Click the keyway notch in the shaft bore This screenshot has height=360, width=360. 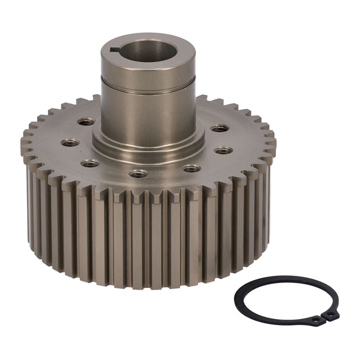pyautogui.click(x=115, y=50)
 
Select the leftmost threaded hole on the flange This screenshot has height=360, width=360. pyautogui.click(x=70, y=142)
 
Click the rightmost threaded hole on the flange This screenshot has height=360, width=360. pyautogui.click(x=223, y=150)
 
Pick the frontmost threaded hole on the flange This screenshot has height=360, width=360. pyautogui.click(x=138, y=174)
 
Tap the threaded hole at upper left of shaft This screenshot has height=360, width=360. pyautogui.click(x=86, y=122)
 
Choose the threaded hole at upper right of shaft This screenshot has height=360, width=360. pyautogui.click(x=219, y=128)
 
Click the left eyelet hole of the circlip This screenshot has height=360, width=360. pyautogui.click(x=315, y=320)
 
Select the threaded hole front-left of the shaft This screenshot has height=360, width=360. pyautogui.click(x=89, y=163)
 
